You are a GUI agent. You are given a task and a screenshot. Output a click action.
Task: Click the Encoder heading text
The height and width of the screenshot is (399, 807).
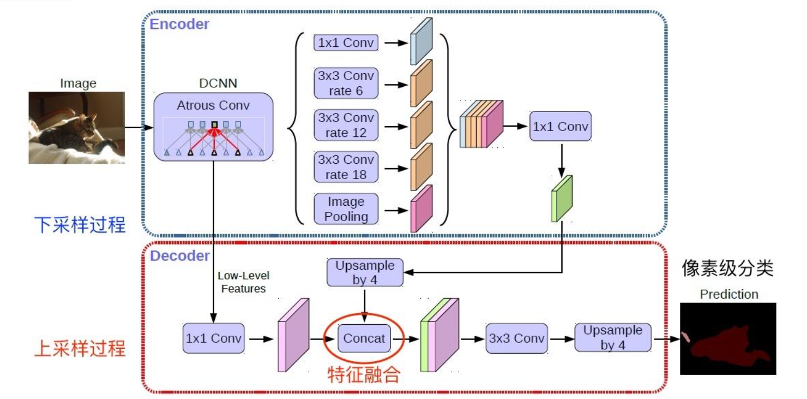179,24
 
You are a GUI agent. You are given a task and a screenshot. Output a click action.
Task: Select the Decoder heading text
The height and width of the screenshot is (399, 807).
180,255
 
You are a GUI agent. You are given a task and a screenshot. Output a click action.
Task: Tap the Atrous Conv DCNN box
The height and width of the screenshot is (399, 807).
213,127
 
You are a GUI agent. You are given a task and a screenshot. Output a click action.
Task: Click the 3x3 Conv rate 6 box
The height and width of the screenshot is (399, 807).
346,83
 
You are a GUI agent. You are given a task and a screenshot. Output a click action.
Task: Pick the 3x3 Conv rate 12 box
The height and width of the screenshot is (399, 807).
346,125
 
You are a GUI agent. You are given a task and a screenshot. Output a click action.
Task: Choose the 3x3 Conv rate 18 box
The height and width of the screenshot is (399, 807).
346,167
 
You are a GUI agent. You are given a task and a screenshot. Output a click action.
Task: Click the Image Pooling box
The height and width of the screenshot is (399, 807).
346,209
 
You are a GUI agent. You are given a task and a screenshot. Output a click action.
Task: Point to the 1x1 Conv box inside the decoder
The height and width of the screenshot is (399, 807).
214,338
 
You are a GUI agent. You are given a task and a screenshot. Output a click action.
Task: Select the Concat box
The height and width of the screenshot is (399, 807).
364,338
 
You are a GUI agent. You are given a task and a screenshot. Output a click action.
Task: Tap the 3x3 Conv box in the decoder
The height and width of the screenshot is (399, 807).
516,338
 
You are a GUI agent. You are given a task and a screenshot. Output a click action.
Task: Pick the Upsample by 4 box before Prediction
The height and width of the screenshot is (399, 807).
613,338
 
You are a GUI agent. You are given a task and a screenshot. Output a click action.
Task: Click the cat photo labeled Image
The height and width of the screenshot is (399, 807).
77,127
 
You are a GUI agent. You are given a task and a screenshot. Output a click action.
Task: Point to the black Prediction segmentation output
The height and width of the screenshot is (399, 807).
728,338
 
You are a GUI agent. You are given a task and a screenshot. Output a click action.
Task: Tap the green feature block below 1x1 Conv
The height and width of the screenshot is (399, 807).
562,199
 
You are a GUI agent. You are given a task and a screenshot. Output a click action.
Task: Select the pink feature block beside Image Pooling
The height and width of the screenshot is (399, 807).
421,209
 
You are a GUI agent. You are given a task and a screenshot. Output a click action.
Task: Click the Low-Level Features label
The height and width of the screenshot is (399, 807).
243,282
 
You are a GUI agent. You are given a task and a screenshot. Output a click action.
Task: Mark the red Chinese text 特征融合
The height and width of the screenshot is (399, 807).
364,374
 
